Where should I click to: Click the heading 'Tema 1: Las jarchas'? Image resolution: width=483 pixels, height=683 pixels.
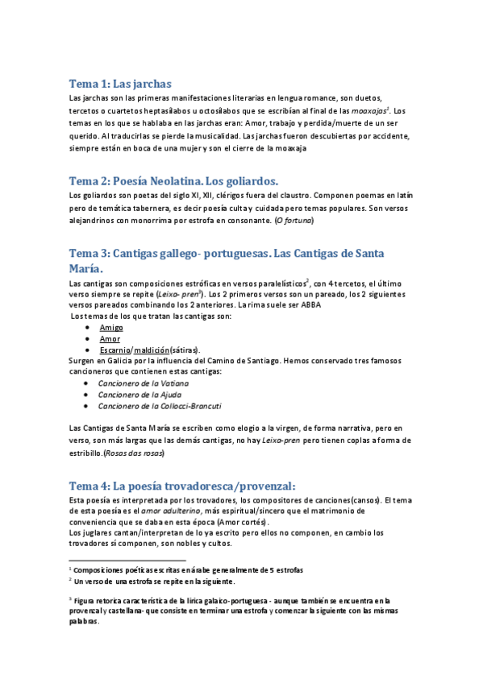120,84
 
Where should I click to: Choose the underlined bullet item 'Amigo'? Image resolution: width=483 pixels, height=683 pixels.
111,328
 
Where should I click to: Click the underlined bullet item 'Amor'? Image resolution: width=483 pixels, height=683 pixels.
109,339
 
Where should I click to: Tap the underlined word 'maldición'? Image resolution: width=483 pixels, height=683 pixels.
152,350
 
